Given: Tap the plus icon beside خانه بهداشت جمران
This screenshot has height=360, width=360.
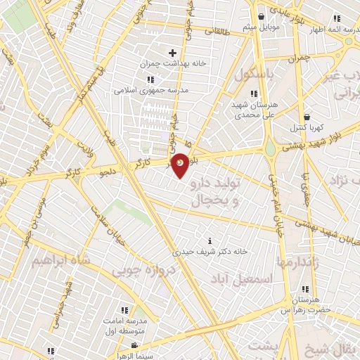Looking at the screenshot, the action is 172,53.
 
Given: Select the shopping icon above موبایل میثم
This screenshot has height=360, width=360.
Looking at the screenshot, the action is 262,16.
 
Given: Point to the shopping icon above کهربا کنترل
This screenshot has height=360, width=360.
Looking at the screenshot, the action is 307,117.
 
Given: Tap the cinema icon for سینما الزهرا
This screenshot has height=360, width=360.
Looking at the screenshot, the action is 134,346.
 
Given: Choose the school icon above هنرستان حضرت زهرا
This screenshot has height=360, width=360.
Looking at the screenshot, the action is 305,289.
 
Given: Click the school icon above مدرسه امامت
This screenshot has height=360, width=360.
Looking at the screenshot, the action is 124,309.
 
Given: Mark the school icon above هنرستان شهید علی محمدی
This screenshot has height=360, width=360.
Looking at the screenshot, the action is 254,94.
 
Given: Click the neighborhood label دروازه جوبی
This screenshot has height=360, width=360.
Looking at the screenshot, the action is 141,270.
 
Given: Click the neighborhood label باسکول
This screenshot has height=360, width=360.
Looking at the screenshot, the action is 255,73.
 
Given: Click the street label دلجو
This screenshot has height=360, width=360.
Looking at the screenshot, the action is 108,172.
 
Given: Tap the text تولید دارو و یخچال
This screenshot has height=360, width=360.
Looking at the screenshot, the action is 216,191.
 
